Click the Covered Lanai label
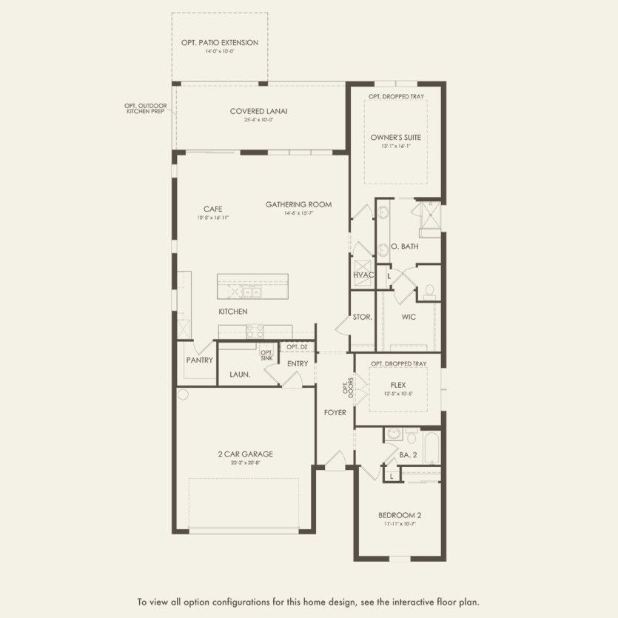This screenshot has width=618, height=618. coord(258,112)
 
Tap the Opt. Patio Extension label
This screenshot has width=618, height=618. coord(220,43)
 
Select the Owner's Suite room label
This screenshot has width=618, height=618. coord(395,137)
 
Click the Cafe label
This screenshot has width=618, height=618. coord(212,209)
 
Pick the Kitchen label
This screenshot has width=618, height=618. coord(232,312)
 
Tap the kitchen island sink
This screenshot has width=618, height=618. coord(252,292)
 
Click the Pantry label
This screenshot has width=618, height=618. coord(200,360)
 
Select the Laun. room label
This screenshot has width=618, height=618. coord(239,375)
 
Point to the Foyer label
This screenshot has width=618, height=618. coord(335,412)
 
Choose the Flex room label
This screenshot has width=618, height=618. coord(399,385)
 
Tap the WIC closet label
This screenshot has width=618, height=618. coord(409,317)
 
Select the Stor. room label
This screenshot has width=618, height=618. coord(362,317)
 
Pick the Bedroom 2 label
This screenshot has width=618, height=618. coord(400,515)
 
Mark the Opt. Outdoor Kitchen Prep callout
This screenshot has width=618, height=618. coord(145,109)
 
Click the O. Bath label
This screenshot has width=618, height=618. coord(405,246)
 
